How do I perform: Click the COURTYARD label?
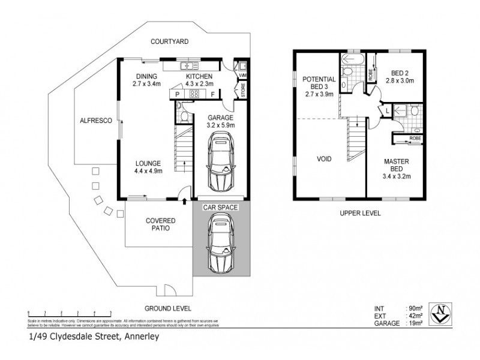pos(170,41)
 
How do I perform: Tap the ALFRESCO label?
pos(92,121)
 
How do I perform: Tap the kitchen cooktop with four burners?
pos(195,94)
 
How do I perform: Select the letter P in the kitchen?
pos(178,94)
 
